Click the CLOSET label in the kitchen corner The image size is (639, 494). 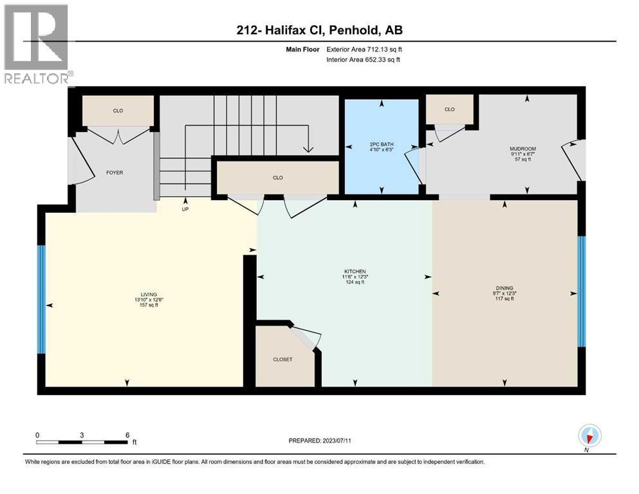pos(282,360)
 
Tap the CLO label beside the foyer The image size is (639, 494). pos(118,111)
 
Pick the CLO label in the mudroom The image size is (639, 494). pos(449,109)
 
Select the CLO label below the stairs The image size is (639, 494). pos(277,178)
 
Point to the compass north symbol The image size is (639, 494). pos(590,436)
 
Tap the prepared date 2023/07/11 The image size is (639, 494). pos(347,441)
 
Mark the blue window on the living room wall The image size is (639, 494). pos(42,300)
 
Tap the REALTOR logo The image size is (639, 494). pos(37,45)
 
